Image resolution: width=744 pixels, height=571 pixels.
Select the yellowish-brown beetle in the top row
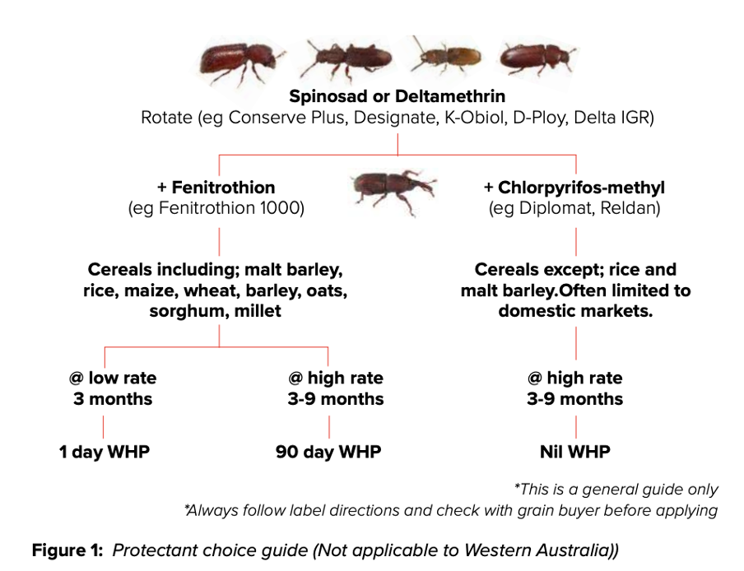pos(444,58)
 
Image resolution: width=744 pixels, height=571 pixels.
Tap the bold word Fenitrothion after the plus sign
pos(223,188)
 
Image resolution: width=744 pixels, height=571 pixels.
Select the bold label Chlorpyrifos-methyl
pos(581,188)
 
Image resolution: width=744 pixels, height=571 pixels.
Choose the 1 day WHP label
pos(104,452)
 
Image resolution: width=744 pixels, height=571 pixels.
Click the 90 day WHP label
pos(328,452)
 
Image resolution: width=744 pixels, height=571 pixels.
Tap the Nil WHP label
pos(575,452)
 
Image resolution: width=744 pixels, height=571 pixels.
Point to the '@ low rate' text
pos(113,378)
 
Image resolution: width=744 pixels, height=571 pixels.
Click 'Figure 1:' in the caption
pos(67,550)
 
